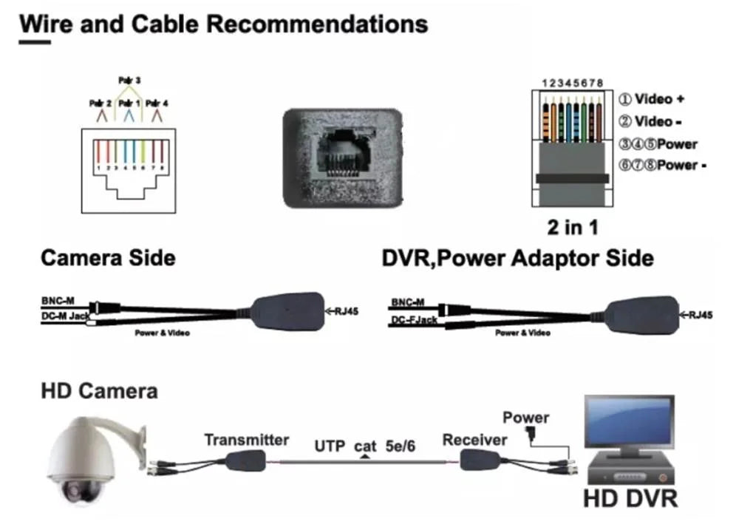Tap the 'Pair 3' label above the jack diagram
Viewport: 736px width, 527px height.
click(130, 79)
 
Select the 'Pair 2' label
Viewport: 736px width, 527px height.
click(100, 103)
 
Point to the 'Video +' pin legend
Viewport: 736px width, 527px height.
click(652, 99)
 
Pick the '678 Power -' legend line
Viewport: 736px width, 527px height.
click(662, 166)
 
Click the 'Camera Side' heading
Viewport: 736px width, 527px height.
click(108, 258)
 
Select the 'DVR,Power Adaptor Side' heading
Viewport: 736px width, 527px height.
click(517, 258)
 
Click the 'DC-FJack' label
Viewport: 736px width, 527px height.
click(413, 319)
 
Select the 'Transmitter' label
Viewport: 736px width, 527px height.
click(246, 441)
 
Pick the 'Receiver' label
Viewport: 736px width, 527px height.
click(474, 441)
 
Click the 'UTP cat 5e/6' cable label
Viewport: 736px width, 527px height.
click(365, 446)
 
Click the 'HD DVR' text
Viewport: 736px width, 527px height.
click(630, 497)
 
